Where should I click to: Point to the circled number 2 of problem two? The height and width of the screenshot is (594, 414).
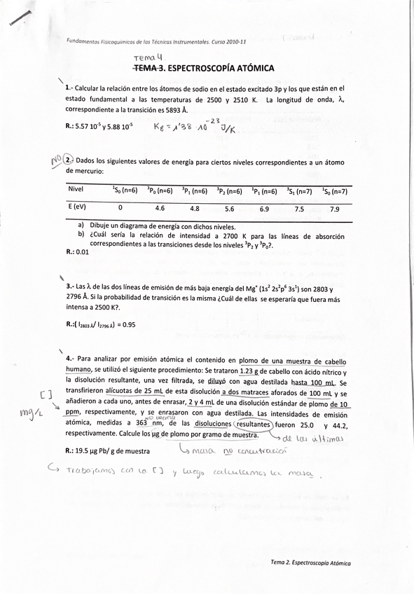[x=68, y=160]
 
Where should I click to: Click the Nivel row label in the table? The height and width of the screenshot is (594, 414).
[x=76, y=190]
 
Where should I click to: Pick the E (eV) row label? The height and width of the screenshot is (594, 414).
[x=78, y=208]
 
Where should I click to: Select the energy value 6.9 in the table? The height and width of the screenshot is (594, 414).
[x=264, y=209]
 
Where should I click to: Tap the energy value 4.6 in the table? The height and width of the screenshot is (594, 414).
[x=159, y=208]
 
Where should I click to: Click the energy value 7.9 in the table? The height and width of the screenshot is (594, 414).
[x=334, y=209]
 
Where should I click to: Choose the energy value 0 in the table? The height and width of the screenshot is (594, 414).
[x=120, y=208]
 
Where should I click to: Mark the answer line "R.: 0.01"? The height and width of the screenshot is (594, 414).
[x=78, y=252]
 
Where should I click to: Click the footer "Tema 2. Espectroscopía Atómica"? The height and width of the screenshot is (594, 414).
[x=310, y=562]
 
